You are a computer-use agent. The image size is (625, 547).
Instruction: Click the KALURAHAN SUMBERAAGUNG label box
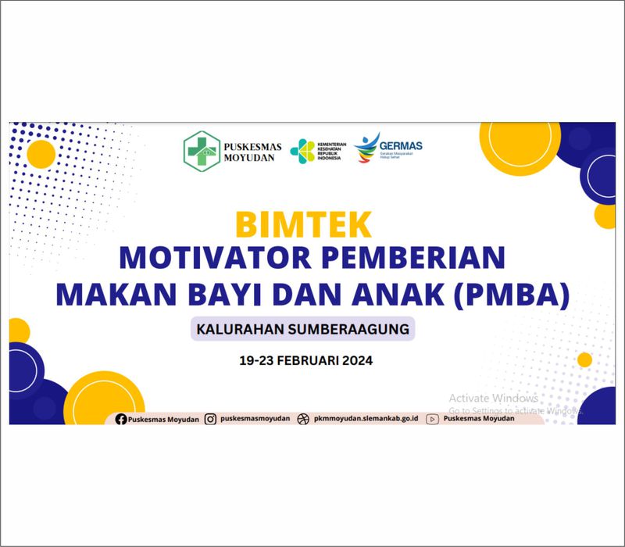(x=303, y=329)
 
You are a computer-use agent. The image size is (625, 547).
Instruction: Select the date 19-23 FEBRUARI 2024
(x=306, y=361)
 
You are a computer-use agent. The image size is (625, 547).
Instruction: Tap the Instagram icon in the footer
(x=210, y=419)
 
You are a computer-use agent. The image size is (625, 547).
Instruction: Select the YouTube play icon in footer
(x=432, y=419)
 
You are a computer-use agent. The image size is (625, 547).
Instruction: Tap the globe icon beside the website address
(x=303, y=419)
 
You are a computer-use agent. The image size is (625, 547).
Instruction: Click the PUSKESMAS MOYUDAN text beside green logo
(x=250, y=151)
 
